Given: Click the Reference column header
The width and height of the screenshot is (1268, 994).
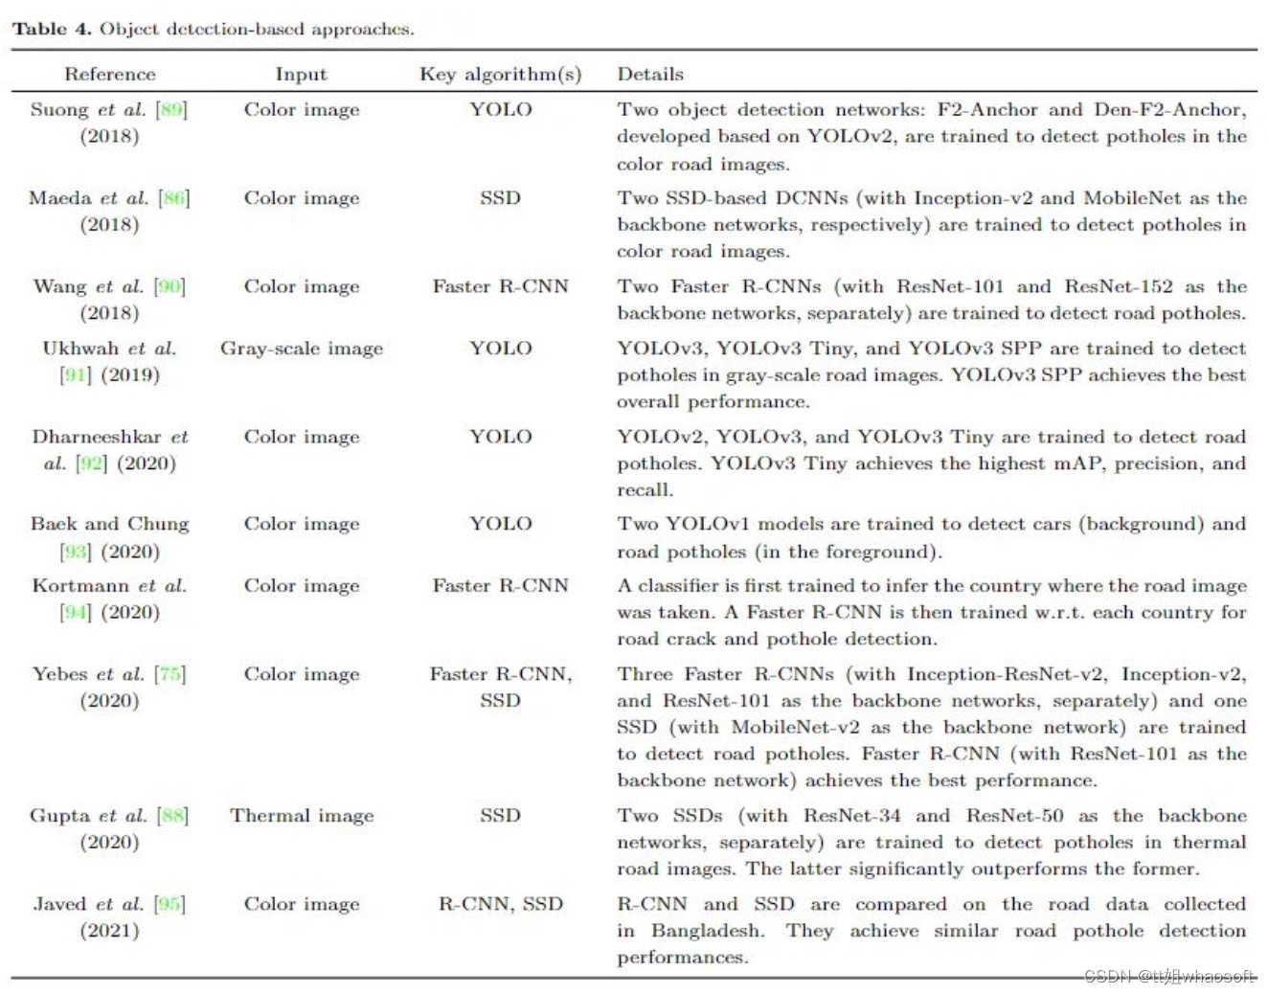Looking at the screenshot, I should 109,74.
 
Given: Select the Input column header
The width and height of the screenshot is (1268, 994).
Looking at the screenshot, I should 301,74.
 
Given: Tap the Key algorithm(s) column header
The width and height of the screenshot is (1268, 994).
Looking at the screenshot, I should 500,74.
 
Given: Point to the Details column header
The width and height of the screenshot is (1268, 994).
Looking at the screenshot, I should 649,74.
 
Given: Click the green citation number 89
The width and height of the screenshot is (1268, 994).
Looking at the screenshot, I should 171,109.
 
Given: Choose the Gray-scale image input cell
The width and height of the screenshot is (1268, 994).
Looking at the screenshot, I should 301,349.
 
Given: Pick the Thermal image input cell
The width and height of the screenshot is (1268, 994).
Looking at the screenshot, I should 301,816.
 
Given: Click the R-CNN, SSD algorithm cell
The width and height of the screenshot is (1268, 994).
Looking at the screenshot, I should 500,904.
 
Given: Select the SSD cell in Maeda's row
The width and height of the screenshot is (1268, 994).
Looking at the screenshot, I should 500,198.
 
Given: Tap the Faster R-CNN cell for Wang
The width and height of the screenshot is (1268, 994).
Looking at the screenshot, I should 500,286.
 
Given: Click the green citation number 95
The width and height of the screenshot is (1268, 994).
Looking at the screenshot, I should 170,904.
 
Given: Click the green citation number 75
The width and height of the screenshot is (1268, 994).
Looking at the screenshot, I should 170,674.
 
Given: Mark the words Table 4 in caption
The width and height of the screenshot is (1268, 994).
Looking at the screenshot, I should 52,29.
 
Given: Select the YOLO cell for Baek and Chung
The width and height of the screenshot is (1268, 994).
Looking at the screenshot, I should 500,524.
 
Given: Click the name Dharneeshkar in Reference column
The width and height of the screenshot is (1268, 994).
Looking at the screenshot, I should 96,437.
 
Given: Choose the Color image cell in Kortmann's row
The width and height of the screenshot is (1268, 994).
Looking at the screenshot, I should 301,586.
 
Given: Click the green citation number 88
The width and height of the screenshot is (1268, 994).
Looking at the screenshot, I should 172,816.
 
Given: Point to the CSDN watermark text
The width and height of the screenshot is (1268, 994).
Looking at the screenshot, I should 1168,977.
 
